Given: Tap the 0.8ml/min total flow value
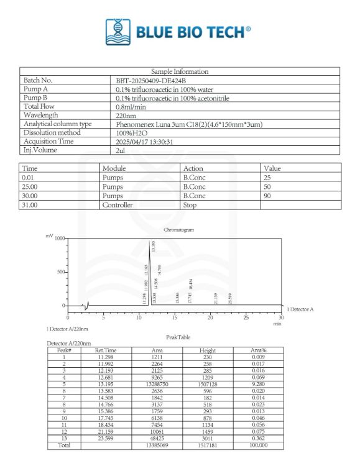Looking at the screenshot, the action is (x=129, y=106).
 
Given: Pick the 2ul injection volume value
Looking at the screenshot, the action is (x=121, y=150).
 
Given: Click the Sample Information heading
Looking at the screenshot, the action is (x=180, y=71).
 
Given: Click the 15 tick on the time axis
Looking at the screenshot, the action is (x=175, y=317).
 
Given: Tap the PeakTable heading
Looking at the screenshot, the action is (x=178, y=337).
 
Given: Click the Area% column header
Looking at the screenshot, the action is (x=259, y=350).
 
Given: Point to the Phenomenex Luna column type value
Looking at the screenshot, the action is (x=189, y=124).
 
